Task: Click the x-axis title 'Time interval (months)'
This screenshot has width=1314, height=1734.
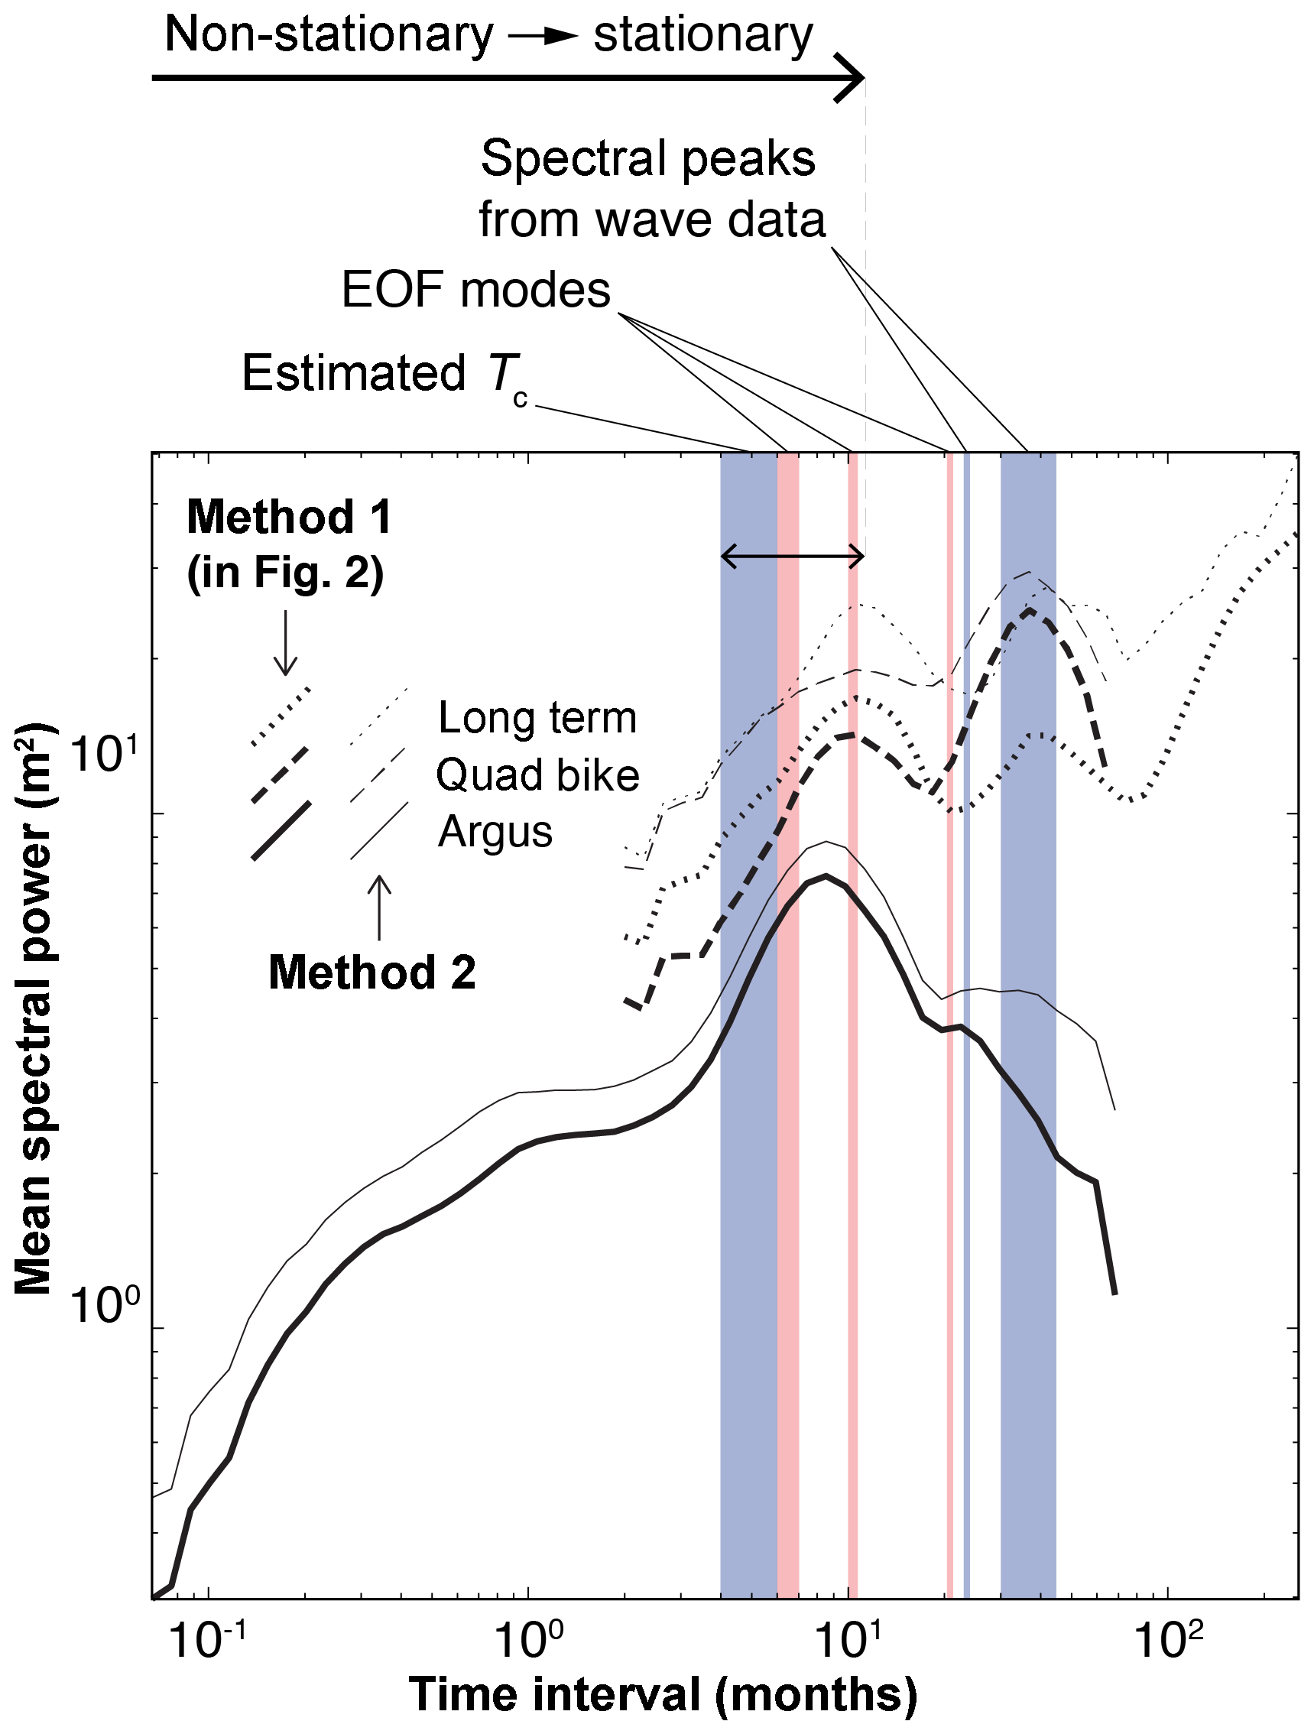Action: tap(663, 1694)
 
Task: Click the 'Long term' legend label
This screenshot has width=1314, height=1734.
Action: tap(537, 718)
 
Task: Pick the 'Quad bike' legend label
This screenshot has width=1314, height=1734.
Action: tap(537, 775)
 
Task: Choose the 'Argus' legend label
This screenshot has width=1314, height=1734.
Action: tap(495, 832)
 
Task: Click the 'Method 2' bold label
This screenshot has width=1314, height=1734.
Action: tap(372, 973)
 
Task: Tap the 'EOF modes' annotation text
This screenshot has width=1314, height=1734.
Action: tap(475, 290)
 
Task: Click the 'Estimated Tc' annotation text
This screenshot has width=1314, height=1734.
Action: tap(384, 375)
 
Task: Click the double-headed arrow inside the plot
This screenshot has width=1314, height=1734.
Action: tap(791, 557)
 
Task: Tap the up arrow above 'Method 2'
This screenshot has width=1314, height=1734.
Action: tap(379, 906)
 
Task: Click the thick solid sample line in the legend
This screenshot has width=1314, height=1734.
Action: tap(281, 831)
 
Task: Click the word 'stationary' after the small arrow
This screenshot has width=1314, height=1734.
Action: tap(702, 35)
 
